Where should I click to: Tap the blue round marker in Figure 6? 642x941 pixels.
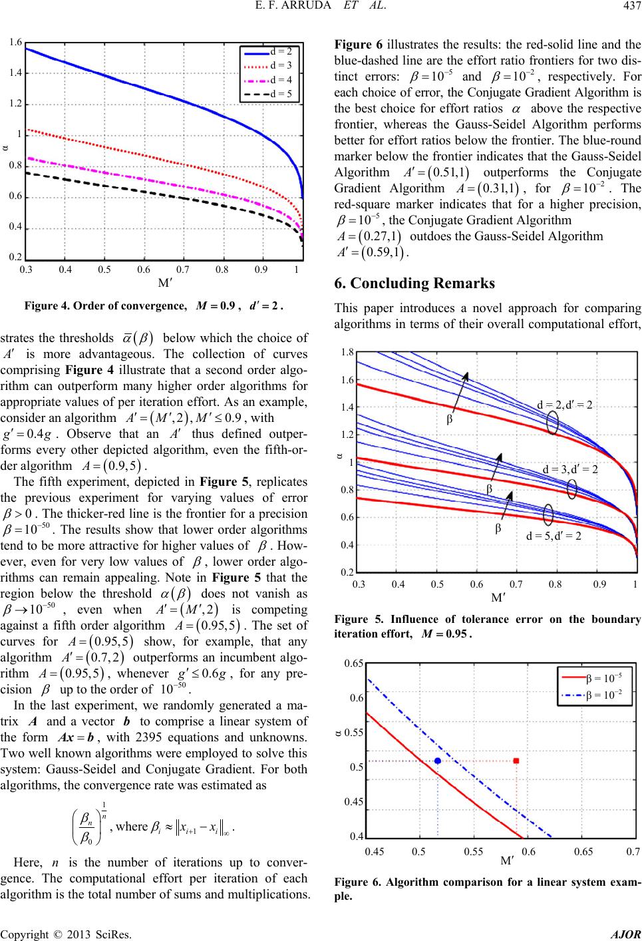(x=438, y=761)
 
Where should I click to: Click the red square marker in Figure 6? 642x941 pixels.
(x=516, y=761)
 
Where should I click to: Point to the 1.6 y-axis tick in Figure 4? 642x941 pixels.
(x=16, y=42)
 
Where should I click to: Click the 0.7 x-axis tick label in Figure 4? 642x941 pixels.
(x=182, y=270)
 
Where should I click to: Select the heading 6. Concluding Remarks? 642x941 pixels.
(x=414, y=283)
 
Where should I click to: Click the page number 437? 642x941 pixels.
(x=632, y=7)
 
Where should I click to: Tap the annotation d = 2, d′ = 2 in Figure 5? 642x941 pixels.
(x=565, y=405)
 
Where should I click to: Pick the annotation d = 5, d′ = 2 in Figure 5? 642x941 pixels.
(x=554, y=536)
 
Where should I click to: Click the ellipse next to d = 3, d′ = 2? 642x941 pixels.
(x=572, y=488)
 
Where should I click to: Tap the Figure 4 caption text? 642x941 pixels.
(x=154, y=306)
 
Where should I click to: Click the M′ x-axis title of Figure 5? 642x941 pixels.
(x=498, y=598)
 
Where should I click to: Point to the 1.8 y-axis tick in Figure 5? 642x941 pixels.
(x=347, y=352)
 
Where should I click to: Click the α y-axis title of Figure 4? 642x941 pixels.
(x=5, y=148)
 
